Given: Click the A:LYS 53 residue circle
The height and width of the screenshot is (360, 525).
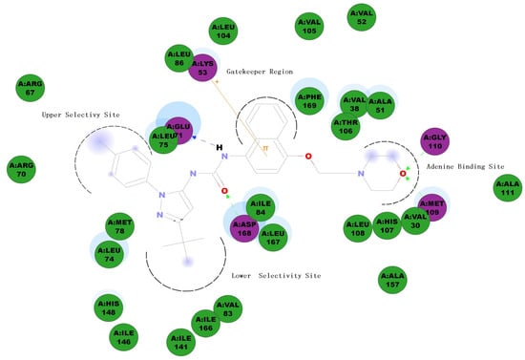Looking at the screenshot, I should point(203,67).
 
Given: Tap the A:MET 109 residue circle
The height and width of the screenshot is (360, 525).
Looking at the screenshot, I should point(432,206).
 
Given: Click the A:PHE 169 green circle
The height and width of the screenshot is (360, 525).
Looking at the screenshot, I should point(310,100).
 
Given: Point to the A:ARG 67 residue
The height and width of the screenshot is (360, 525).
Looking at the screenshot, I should point(30,90).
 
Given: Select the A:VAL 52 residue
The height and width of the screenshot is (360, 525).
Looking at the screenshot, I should point(361,16).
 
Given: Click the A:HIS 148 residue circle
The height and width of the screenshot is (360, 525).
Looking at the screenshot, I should point(107,307).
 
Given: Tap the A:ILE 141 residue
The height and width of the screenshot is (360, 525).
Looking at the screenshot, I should point(181,341).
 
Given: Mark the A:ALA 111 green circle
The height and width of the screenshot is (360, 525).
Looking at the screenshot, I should point(507,188).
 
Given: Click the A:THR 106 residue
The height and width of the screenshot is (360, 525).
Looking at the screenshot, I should point(345,125).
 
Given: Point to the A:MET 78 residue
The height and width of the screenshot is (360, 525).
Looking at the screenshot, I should point(119,225).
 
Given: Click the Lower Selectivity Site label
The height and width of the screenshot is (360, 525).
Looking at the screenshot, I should point(277,275).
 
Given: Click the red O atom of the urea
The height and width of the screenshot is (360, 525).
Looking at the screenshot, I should point(225,191).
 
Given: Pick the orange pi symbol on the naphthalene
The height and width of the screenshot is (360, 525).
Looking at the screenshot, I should point(266,148).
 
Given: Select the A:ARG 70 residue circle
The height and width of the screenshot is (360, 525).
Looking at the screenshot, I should point(21,170).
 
